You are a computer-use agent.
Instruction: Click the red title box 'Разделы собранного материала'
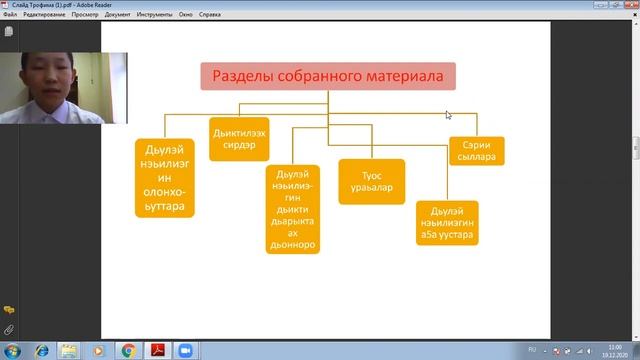328,77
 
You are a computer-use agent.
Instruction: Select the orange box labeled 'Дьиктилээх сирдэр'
239,138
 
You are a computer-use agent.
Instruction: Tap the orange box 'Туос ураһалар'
371,182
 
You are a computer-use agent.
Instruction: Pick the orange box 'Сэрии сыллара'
476,151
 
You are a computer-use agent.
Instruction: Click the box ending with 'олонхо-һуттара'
165,177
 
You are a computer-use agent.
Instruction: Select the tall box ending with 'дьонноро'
293,208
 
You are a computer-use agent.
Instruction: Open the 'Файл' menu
10,15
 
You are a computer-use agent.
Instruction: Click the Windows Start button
12,351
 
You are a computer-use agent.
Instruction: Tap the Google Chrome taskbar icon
129,351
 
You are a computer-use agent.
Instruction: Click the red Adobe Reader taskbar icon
157,351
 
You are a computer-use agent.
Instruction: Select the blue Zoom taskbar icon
185,351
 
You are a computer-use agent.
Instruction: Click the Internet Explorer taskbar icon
43,351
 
